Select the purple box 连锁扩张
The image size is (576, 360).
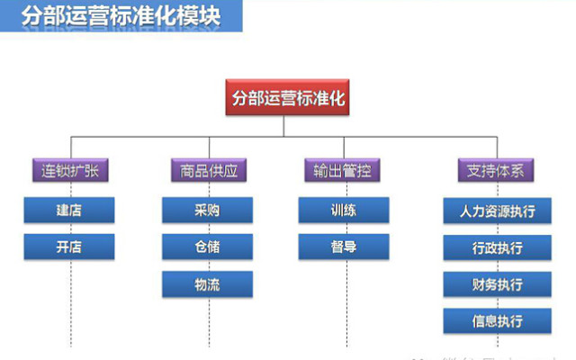pos(69,169)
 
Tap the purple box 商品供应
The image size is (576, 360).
pos(208,169)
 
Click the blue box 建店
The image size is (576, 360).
pos(69,211)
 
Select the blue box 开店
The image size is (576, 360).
pos(69,247)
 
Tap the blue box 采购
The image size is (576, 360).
pos(208,211)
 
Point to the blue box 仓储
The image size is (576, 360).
pos(208,247)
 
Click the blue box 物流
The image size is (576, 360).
pos(208,283)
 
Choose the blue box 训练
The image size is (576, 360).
pos(344,211)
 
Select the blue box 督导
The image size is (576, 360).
pos(344,247)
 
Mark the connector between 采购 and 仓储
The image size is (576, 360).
pos(208,229)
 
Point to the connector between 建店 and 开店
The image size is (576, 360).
pos(69,229)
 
